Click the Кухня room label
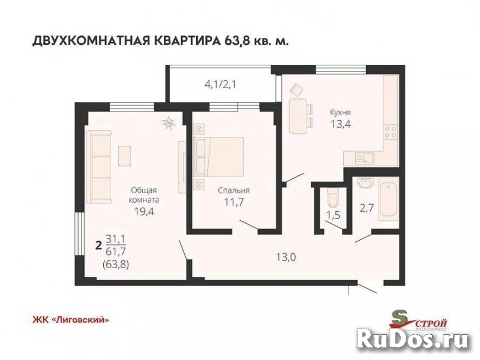[340, 112]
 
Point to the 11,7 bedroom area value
[234, 203]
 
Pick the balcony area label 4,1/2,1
[220, 84]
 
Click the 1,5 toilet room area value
[332, 215]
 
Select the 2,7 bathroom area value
[366, 208]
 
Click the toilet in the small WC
[332, 195]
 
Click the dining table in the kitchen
[295, 116]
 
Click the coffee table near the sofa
[125, 154]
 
